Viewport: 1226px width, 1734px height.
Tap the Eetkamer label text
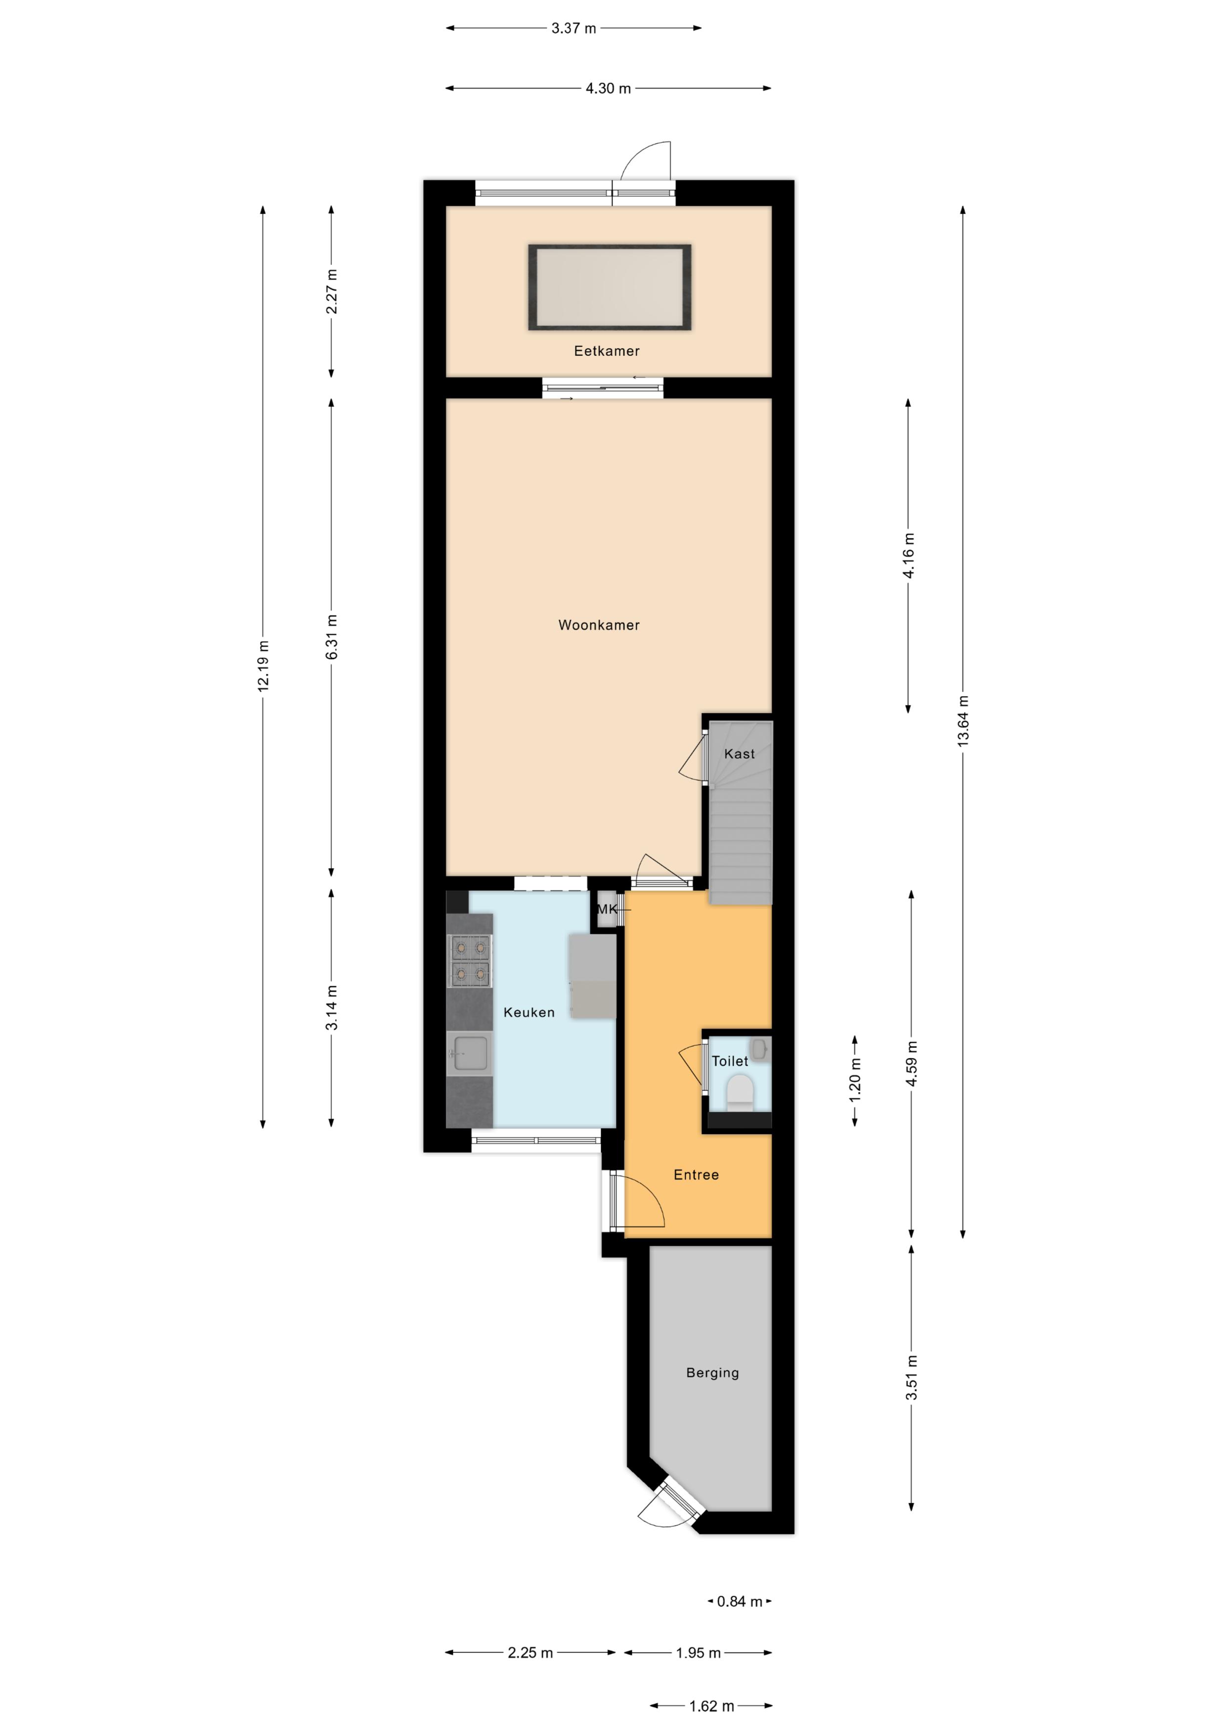[607, 350]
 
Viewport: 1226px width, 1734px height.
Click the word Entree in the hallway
[696, 1174]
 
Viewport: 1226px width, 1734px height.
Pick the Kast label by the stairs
[739, 754]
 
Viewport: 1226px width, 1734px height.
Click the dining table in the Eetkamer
[609, 287]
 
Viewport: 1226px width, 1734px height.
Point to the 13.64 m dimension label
[963, 721]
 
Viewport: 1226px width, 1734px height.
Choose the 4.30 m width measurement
[608, 88]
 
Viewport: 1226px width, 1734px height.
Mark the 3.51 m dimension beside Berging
[911, 1378]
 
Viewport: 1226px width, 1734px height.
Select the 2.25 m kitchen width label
[530, 1652]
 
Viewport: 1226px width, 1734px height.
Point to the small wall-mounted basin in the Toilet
[760, 1049]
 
